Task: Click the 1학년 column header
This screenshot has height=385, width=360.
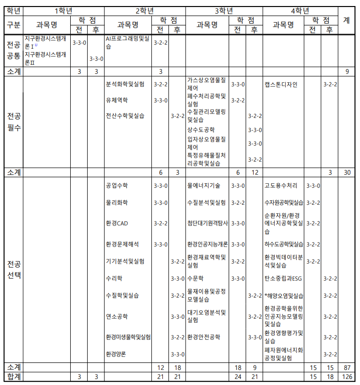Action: point(63,11)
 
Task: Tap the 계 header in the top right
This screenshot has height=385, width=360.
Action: point(346,20)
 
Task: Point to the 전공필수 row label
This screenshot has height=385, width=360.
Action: point(14,122)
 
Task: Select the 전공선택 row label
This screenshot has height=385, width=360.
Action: point(14,269)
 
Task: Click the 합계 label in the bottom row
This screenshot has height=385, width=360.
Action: point(14,376)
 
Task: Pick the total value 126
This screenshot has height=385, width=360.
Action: point(346,376)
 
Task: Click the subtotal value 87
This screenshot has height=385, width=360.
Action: point(346,367)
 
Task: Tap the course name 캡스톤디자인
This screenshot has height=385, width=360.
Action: point(281,84)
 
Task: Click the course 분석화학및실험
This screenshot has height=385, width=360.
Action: point(125,84)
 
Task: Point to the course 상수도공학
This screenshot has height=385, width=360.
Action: point(201,130)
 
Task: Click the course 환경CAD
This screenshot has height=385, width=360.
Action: point(117,223)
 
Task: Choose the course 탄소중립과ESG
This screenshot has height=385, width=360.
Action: point(283,278)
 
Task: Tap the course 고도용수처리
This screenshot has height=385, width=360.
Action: point(281,186)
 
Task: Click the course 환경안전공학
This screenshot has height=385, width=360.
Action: point(203,337)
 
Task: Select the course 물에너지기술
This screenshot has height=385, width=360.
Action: point(203,186)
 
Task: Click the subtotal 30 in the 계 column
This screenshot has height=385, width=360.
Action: point(346,172)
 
